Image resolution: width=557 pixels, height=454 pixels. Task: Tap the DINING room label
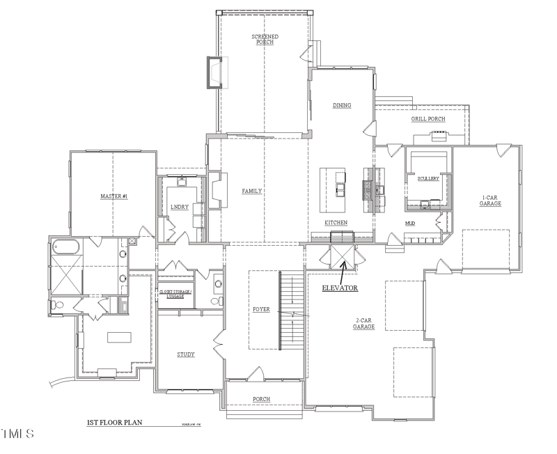(x=341, y=106)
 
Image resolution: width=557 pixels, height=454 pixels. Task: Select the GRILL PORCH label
(x=427, y=119)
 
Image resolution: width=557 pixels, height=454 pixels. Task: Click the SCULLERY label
(x=428, y=178)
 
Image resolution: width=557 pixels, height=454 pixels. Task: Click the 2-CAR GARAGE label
(x=363, y=323)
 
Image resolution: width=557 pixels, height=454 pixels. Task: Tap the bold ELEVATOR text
(x=340, y=287)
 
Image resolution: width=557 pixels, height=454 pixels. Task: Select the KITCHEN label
(x=336, y=223)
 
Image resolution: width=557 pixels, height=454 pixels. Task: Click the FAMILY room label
(x=251, y=191)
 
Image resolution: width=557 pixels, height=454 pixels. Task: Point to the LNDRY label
(x=180, y=208)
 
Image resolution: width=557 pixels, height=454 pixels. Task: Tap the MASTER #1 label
(x=113, y=197)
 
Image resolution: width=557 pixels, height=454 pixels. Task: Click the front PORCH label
(x=262, y=399)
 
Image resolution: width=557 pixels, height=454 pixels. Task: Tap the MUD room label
(x=410, y=224)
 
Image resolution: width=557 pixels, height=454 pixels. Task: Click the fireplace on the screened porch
(x=213, y=72)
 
